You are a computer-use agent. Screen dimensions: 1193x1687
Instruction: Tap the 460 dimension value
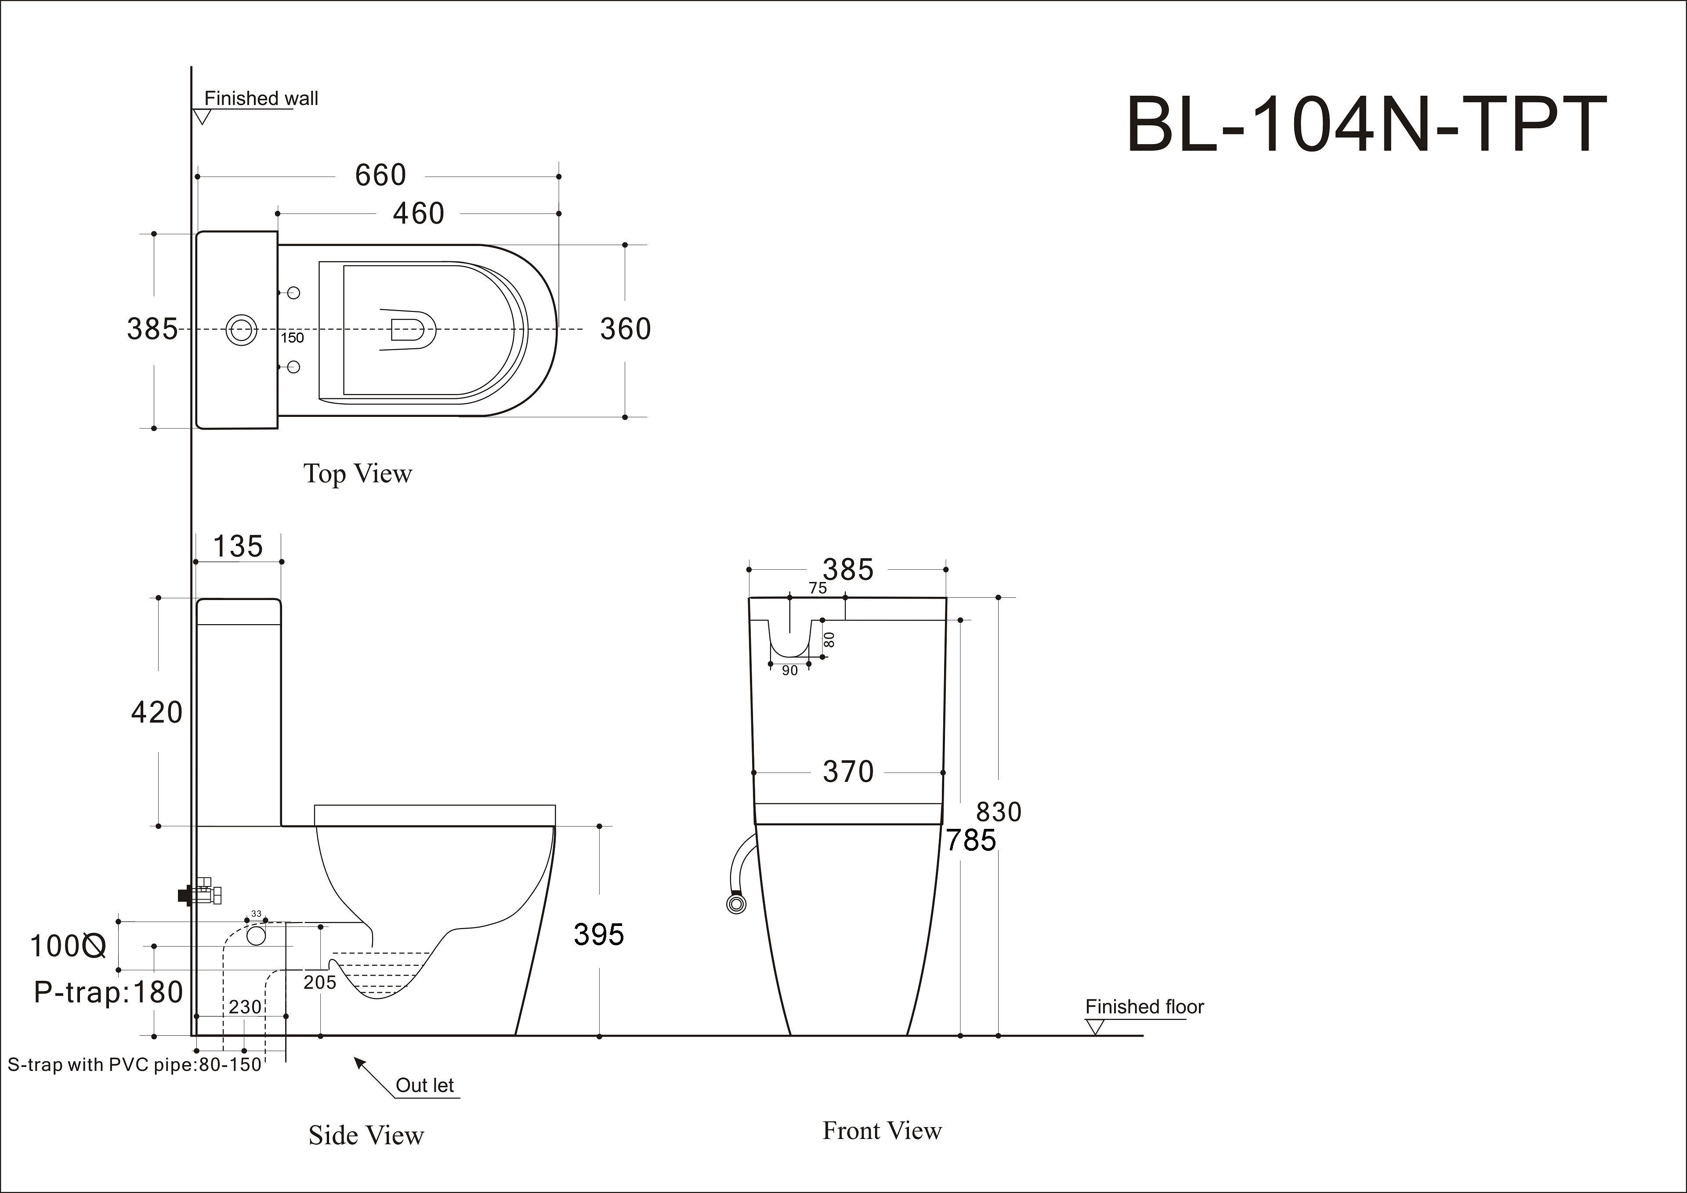click(418, 214)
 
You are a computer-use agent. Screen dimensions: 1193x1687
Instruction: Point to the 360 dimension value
click(625, 329)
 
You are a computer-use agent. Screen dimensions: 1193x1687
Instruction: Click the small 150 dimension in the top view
click(292, 338)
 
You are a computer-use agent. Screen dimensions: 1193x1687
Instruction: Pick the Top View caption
click(358, 474)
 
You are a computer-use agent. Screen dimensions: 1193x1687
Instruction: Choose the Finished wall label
click(261, 98)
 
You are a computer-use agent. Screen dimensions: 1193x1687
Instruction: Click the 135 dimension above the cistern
click(237, 546)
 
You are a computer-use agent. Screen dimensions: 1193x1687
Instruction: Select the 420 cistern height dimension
click(156, 712)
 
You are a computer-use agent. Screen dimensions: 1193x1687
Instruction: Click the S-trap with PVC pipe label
click(134, 1064)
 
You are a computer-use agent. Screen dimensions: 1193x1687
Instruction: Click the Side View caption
click(366, 1135)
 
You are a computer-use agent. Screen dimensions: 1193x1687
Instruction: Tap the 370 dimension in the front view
click(848, 772)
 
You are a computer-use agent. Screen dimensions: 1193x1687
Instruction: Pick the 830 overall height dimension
click(999, 812)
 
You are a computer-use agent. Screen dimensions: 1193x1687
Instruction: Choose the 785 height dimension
click(970, 840)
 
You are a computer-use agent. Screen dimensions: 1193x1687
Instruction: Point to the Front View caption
click(882, 1131)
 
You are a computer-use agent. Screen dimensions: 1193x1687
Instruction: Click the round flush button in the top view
click(241, 330)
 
